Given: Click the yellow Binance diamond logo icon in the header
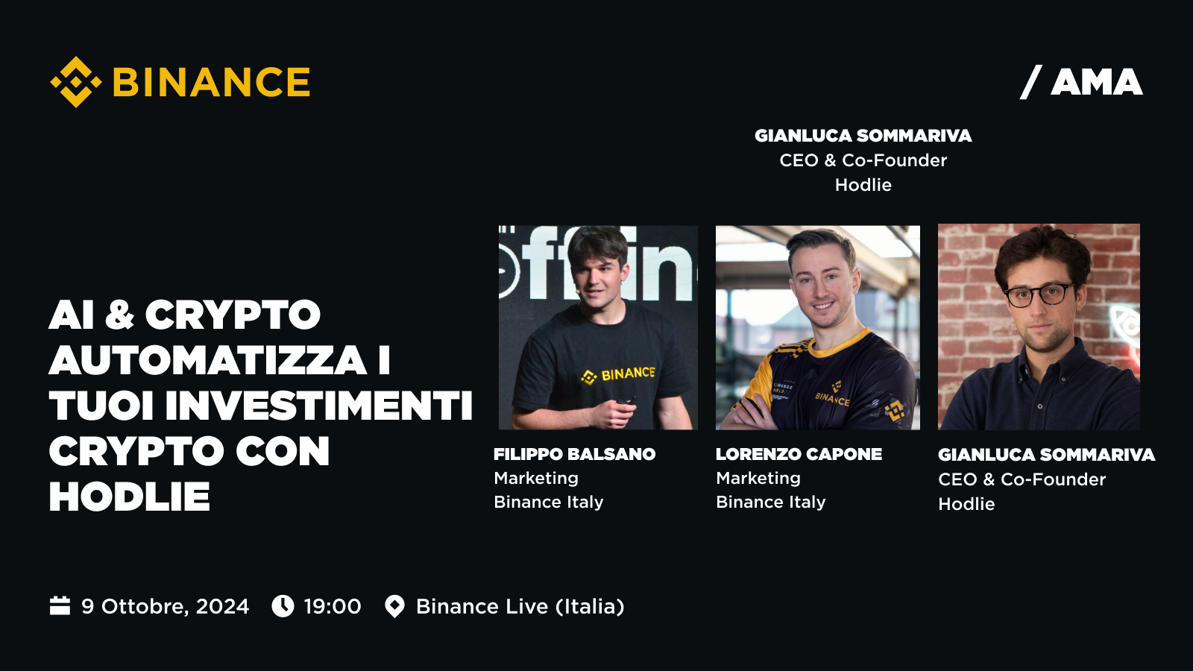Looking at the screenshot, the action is [75, 82].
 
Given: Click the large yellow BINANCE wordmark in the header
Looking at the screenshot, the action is [211, 82].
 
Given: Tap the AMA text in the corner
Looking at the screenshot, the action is [1097, 83].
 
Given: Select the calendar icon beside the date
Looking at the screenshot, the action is [60, 606].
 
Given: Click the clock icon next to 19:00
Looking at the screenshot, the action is [283, 606].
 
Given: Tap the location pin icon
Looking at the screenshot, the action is [394, 607].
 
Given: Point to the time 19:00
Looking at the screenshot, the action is [333, 607].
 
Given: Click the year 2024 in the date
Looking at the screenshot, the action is [222, 607].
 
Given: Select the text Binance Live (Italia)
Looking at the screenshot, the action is [520, 607].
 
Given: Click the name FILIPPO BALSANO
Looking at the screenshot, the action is [574, 454].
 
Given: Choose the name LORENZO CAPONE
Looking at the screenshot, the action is [799, 454].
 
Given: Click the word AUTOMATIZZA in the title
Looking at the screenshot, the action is [208, 361].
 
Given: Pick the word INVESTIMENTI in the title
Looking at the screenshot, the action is [318, 406].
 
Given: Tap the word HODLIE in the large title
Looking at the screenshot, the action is [130, 497].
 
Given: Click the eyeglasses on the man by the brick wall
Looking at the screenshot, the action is [1039, 294].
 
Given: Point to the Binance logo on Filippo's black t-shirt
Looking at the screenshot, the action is [618, 375].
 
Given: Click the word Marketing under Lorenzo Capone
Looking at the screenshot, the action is [758, 478].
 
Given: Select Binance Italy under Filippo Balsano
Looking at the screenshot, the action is [549, 503].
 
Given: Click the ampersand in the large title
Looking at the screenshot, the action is [119, 315].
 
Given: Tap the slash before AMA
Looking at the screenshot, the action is [1030, 83].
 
